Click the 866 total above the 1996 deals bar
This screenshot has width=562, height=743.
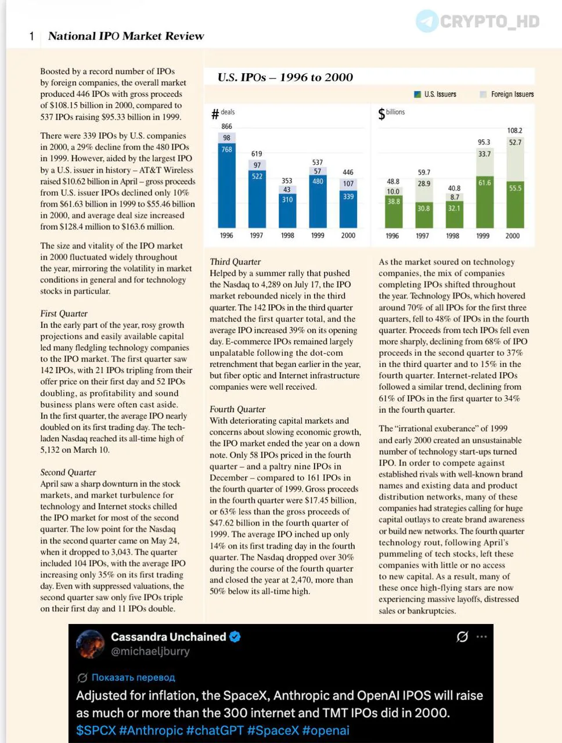click(x=226, y=127)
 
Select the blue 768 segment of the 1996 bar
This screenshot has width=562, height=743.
click(x=226, y=185)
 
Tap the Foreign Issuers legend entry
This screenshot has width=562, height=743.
click(x=507, y=94)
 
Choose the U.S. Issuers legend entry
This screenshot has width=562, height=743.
click(x=435, y=94)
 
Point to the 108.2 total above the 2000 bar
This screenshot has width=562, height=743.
click(x=514, y=131)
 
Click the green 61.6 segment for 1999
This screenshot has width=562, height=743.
click(x=484, y=202)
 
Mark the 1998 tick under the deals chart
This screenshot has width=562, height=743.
click(x=287, y=235)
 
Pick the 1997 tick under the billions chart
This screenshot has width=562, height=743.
click(x=422, y=236)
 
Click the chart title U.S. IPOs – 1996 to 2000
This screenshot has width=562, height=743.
click(x=285, y=77)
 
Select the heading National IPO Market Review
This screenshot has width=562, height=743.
click(x=126, y=36)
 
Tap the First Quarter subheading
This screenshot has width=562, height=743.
click(x=64, y=313)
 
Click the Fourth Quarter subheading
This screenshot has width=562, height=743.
click(x=237, y=409)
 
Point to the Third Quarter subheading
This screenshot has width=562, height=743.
click(x=235, y=262)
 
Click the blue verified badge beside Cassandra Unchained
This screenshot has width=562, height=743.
click(x=235, y=637)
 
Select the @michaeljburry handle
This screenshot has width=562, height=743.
click(x=150, y=651)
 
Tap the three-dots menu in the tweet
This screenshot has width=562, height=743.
click(x=481, y=637)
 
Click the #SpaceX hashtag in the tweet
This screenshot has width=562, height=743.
click(x=273, y=730)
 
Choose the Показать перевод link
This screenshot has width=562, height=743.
click(x=133, y=677)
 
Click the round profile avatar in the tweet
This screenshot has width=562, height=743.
click(x=90, y=644)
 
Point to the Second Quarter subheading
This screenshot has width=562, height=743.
click(x=68, y=472)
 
